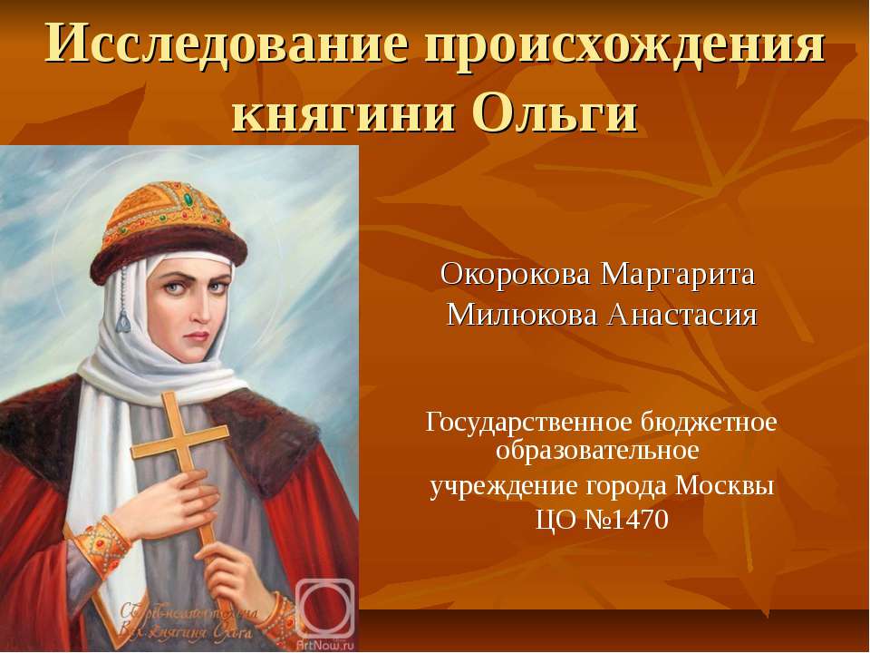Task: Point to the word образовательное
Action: (597, 450)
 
